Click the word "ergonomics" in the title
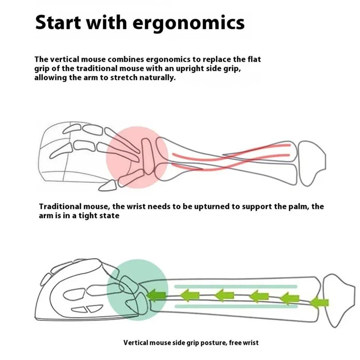(189, 23)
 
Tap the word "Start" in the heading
(58, 22)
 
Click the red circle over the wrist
(137, 157)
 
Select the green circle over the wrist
(137, 290)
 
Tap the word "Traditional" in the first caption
(60, 206)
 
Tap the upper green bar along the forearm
(236, 286)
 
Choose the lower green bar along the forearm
(236, 306)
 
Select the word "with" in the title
(106, 22)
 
